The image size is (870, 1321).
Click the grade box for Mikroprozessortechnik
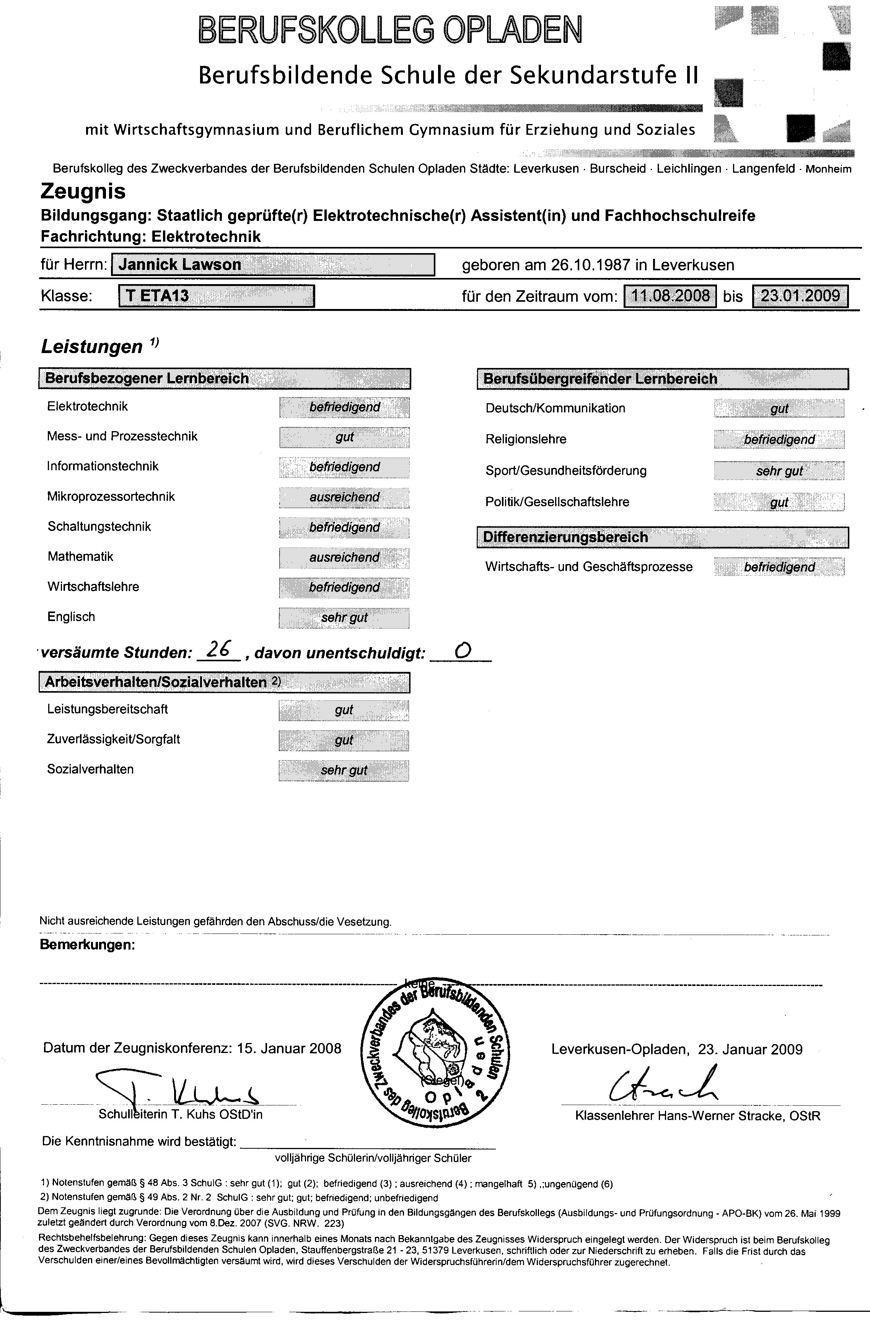point(344,497)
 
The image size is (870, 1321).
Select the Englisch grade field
point(344,618)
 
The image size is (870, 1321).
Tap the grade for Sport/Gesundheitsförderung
point(779,471)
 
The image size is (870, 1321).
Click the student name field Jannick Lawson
point(273,264)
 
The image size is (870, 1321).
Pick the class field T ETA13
point(217,296)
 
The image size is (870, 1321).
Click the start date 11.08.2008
point(670,296)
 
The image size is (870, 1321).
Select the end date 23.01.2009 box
point(800,296)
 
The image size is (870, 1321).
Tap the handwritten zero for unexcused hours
point(461,651)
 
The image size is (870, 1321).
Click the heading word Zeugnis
point(83,191)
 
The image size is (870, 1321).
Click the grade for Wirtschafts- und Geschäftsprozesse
point(779,567)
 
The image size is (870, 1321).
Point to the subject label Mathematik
point(80,556)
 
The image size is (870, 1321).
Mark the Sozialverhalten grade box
point(344,770)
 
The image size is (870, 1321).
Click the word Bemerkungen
point(88,945)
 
